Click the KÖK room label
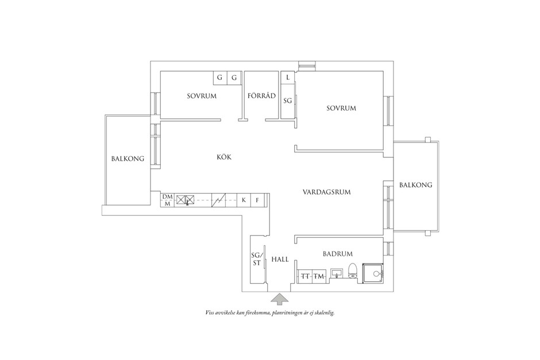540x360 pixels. (x=224, y=157)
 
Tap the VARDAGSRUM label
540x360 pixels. (x=326, y=192)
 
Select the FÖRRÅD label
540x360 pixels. (x=261, y=95)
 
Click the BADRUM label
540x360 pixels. (x=338, y=254)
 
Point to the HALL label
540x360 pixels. (x=280, y=260)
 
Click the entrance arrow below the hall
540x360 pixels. (x=280, y=300)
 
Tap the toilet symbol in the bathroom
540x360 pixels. (x=352, y=270)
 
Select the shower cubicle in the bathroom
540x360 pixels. (x=373, y=274)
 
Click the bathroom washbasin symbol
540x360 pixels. (x=337, y=273)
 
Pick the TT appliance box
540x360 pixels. (x=305, y=276)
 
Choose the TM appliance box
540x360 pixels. (x=319, y=276)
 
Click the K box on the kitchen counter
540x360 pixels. (x=244, y=200)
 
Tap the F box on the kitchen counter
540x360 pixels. (x=257, y=200)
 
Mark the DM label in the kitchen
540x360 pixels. (x=167, y=196)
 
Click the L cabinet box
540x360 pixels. (x=288, y=78)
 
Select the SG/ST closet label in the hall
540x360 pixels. (x=257, y=259)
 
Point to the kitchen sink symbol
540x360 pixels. (x=186, y=200)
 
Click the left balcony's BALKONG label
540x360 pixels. (x=128, y=158)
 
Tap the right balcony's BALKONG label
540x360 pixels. (x=416, y=185)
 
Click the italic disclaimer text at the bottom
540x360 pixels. (x=269, y=313)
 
